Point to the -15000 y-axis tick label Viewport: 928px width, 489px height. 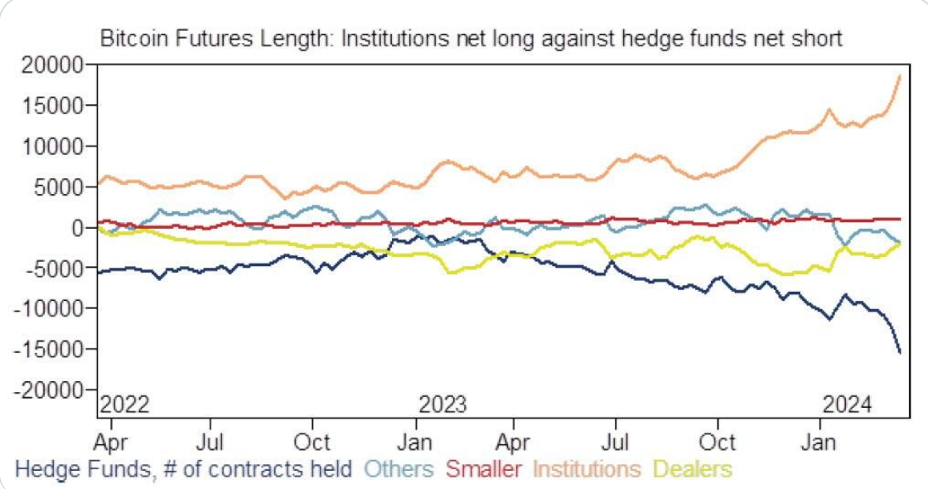(51, 349)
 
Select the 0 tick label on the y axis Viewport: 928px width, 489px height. (80, 227)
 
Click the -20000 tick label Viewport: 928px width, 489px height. (51, 390)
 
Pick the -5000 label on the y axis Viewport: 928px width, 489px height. (56, 268)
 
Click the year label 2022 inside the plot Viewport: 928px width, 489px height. (124, 405)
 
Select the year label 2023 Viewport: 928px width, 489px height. (442, 405)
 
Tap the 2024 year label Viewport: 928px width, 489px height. (847, 405)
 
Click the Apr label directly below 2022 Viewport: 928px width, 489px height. (112, 441)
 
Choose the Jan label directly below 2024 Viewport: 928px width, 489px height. (820, 441)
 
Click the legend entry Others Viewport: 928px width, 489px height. (399, 469)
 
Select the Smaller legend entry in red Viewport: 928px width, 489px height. (484, 469)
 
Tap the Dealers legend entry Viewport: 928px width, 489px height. (692, 469)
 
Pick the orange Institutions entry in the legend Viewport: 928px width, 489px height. (587, 469)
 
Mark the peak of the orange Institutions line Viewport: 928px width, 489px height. (900, 76)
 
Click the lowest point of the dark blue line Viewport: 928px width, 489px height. (900, 353)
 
